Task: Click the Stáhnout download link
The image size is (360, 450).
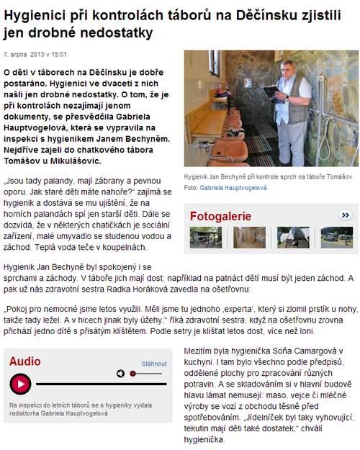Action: coord(154,364)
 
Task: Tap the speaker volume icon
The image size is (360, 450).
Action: coord(120,374)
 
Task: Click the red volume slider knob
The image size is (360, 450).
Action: coord(134,374)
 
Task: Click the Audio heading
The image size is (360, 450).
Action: coord(25,361)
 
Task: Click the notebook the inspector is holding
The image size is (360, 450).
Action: coord(271,91)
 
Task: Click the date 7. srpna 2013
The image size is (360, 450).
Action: coord(24,54)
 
